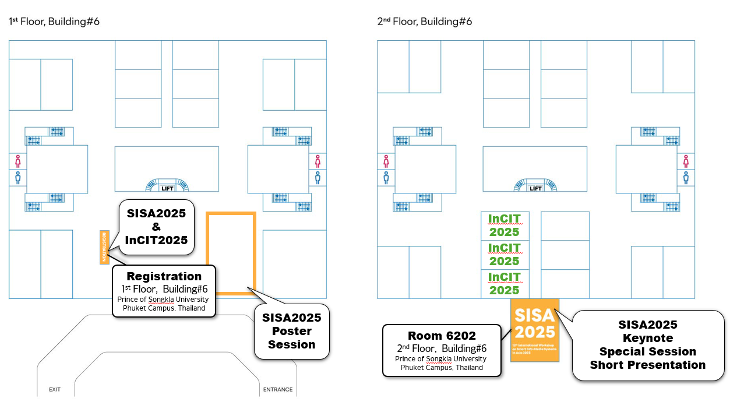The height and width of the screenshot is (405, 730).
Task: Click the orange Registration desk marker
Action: coord(105,247)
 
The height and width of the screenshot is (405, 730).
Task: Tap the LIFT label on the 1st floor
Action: coord(167,188)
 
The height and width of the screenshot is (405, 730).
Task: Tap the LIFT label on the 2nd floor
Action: coord(535,188)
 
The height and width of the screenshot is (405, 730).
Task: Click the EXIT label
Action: coord(55,389)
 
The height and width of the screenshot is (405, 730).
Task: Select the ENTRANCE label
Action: coord(278,389)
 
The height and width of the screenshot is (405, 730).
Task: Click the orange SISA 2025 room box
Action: coord(535,330)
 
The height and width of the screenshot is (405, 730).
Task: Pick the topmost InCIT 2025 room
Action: coord(504,226)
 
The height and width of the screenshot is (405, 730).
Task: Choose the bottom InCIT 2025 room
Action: coord(504,284)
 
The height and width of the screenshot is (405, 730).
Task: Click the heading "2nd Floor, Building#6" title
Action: coord(425,22)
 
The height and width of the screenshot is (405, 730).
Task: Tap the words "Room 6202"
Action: coord(442,336)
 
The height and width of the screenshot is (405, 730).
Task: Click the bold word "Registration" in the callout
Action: coord(164,276)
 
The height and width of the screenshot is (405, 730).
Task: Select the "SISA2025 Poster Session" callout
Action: coord(292,331)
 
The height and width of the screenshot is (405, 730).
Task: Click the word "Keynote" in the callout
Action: coord(648,338)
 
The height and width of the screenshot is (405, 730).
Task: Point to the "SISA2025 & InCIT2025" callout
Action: coord(156,226)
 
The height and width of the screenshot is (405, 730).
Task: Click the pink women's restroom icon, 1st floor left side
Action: coord(17,161)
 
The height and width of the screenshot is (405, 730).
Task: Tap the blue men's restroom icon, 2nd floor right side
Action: coord(686,177)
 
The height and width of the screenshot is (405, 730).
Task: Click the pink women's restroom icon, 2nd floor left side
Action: coord(386,161)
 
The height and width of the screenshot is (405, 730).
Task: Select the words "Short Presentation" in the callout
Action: coord(648,365)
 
